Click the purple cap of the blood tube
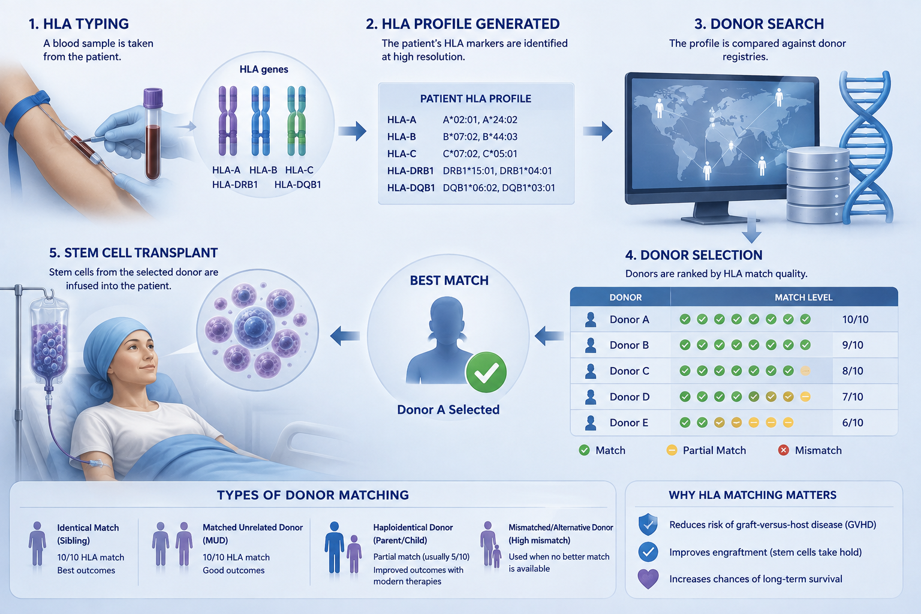point(153,98)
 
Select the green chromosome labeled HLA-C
point(296,121)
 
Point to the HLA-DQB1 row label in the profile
point(411,188)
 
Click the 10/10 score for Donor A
point(855,320)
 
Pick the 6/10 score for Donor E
point(853,423)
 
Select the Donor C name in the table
point(629,371)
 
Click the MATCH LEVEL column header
point(803,297)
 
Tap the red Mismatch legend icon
point(783,450)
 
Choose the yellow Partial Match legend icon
point(672,450)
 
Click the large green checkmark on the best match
point(486,372)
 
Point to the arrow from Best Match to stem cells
point(345,336)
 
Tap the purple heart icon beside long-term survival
point(648,579)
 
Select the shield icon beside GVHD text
point(648,524)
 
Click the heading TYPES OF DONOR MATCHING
point(313,495)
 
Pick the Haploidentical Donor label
point(413,528)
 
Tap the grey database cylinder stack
point(818,185)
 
